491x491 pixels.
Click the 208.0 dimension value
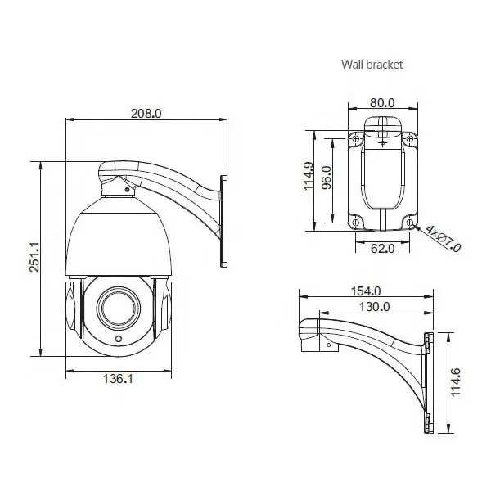pyautogui.click(x=146, y=114)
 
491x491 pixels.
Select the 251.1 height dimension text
pyautogui.click(x=34, y=256)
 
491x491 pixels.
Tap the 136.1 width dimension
pyautogui.click(x=118, y=379)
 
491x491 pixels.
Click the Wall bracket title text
pyautogui.click(x=372, y=65)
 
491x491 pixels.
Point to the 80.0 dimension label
pyautogui.click(x=382, y=103)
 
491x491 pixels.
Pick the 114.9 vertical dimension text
pyautogui.click(x=309, y=176)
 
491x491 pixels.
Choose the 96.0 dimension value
pyautogui.click(x=327, y=178)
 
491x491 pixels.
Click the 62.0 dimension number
pyautogui.click(x=383, y=248)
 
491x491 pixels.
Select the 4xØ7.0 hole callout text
pyautogui.click(x=443, y=239)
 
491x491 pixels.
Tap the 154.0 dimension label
pyautogui.click(x=366, y=291)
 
